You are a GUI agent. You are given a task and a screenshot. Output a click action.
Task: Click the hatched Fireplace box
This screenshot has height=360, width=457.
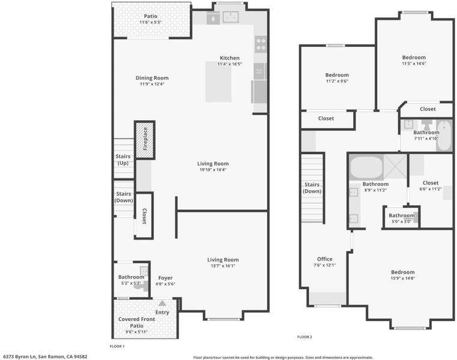pyautogui.click(x=145, y=140)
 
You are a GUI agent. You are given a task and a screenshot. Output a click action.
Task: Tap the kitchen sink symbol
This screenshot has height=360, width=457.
pyautogui.click(x=231, y=17)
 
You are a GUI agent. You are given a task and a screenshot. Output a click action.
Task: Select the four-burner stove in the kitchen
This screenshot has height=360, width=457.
pyautogui.click(x=261, y=44)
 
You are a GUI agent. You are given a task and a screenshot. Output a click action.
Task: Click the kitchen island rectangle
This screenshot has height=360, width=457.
pyautogui.click(x=219, y=82)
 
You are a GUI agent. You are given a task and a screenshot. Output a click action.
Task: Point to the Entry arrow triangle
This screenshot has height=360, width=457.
pyautogui.click(x=162, y=303)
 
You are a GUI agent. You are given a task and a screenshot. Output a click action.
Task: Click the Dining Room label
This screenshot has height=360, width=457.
pyautogui.click(x=152, y=78)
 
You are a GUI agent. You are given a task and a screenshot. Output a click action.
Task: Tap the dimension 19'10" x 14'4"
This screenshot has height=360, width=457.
pyautogui.click(x=213, y=170)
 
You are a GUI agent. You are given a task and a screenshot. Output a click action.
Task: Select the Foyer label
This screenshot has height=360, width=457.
pyautogui.click(x=165, y=278)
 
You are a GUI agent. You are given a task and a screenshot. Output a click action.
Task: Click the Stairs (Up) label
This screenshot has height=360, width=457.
pyautogui.click(x=123, y=160)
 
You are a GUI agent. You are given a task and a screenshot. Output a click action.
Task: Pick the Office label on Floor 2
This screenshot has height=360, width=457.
pyautogui.click(x=325, y=259)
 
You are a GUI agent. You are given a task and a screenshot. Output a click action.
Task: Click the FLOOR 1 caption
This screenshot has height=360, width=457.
pyautogui.click(x=117, y=346)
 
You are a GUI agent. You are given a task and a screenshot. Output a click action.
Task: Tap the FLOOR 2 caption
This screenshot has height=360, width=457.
pyautogui.click(x=304, y=337)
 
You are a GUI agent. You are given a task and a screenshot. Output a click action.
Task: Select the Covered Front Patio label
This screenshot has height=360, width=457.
pyautogui.click(x=137, y=322)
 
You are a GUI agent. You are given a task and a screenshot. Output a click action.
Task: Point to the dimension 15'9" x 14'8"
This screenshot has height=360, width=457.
pyautogui.click(x=403, y=278)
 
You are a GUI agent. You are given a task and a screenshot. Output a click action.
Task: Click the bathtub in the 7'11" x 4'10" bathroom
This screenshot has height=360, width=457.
pyautogui.click(x=444, y=136)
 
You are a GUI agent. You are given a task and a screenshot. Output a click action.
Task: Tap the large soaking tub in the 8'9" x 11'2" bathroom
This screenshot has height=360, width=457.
pyautogui.click(x=366, y=167)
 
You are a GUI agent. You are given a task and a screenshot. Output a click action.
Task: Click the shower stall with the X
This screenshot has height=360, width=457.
pyautogui.click(x=395, y=166)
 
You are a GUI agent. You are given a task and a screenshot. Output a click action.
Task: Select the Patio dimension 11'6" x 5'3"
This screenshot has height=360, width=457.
pyautogui.click(x=150, y=22)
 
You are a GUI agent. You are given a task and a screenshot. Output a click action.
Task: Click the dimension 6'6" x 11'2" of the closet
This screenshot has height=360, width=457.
pyautogui.click(x=431, y=189)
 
